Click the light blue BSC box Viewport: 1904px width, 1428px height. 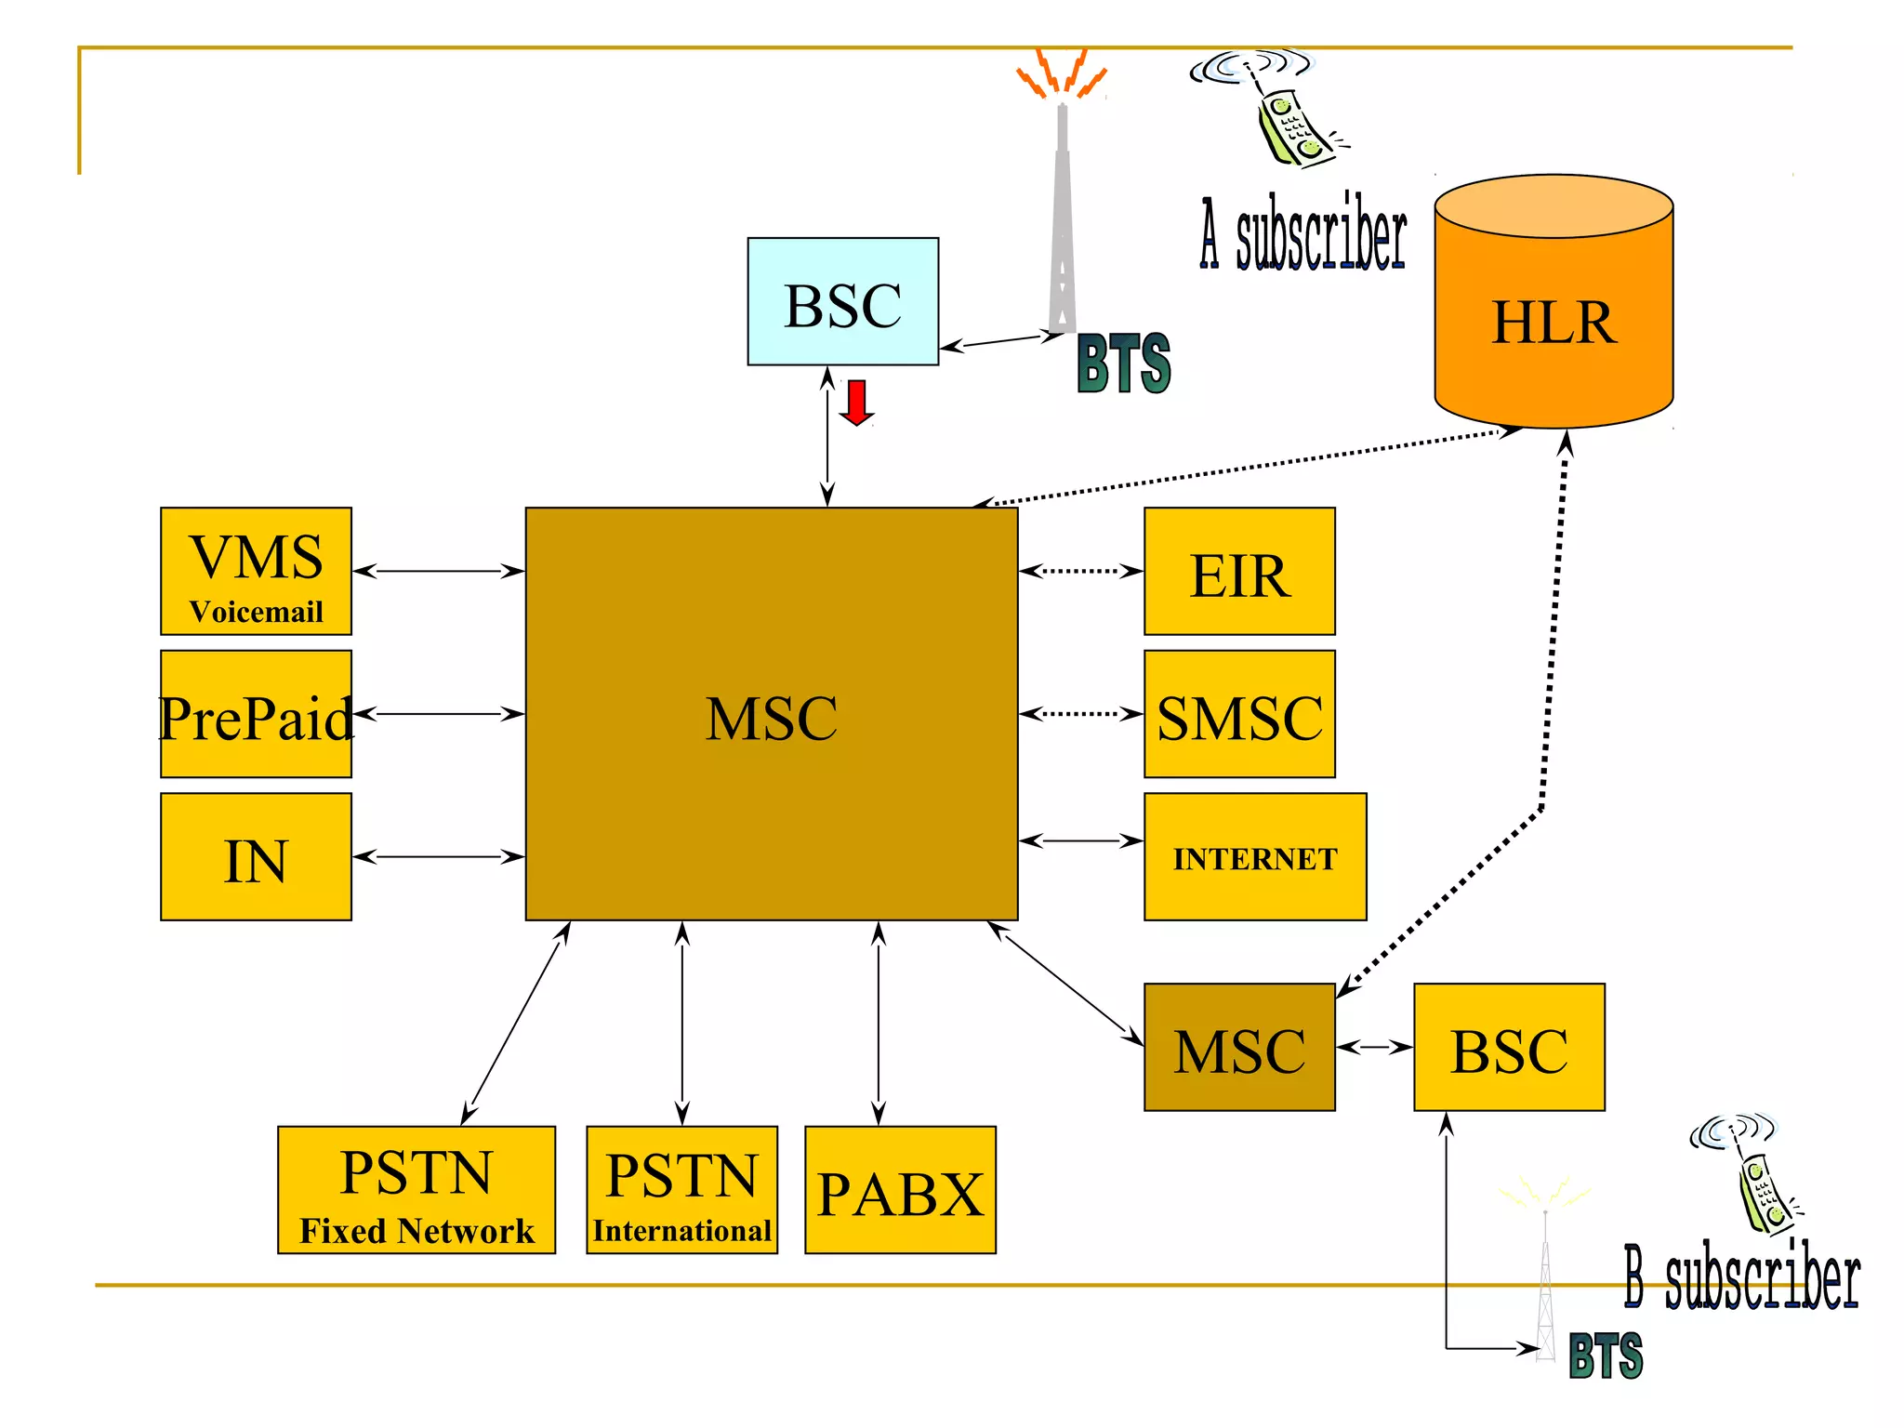(x=842, y=301)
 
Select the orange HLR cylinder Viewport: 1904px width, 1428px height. (x=1554, y=311)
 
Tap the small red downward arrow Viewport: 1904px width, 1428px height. (x=856, y=403)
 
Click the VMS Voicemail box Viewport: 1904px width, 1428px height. (x=256, y=571)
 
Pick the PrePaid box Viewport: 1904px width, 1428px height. (x=256, y=714)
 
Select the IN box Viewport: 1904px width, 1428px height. (x=256, y=856)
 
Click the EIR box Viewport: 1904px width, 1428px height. (x=1239, y=571)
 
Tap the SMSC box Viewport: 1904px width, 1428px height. (x=1239, y=714)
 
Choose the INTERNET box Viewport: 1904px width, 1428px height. (x=1255, y=856)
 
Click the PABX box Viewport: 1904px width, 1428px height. (x=900, y=1190)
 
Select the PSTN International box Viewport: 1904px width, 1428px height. (x=681, y=1190)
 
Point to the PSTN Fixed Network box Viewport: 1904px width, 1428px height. (x=416, y=1190)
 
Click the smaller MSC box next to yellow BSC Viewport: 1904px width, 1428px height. (x=1239, y=1047)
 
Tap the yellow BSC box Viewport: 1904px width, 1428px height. (x=1509, y=1047)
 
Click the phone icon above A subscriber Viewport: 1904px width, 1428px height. (x=1288, y=116)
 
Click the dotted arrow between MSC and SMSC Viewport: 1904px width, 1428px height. (x=1080, y=714)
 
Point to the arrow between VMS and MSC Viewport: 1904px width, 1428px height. (x=438, y=571)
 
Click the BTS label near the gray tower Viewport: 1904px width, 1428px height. (x=1123, y=364)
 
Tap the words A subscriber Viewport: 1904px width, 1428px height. (x=1303, y=234)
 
